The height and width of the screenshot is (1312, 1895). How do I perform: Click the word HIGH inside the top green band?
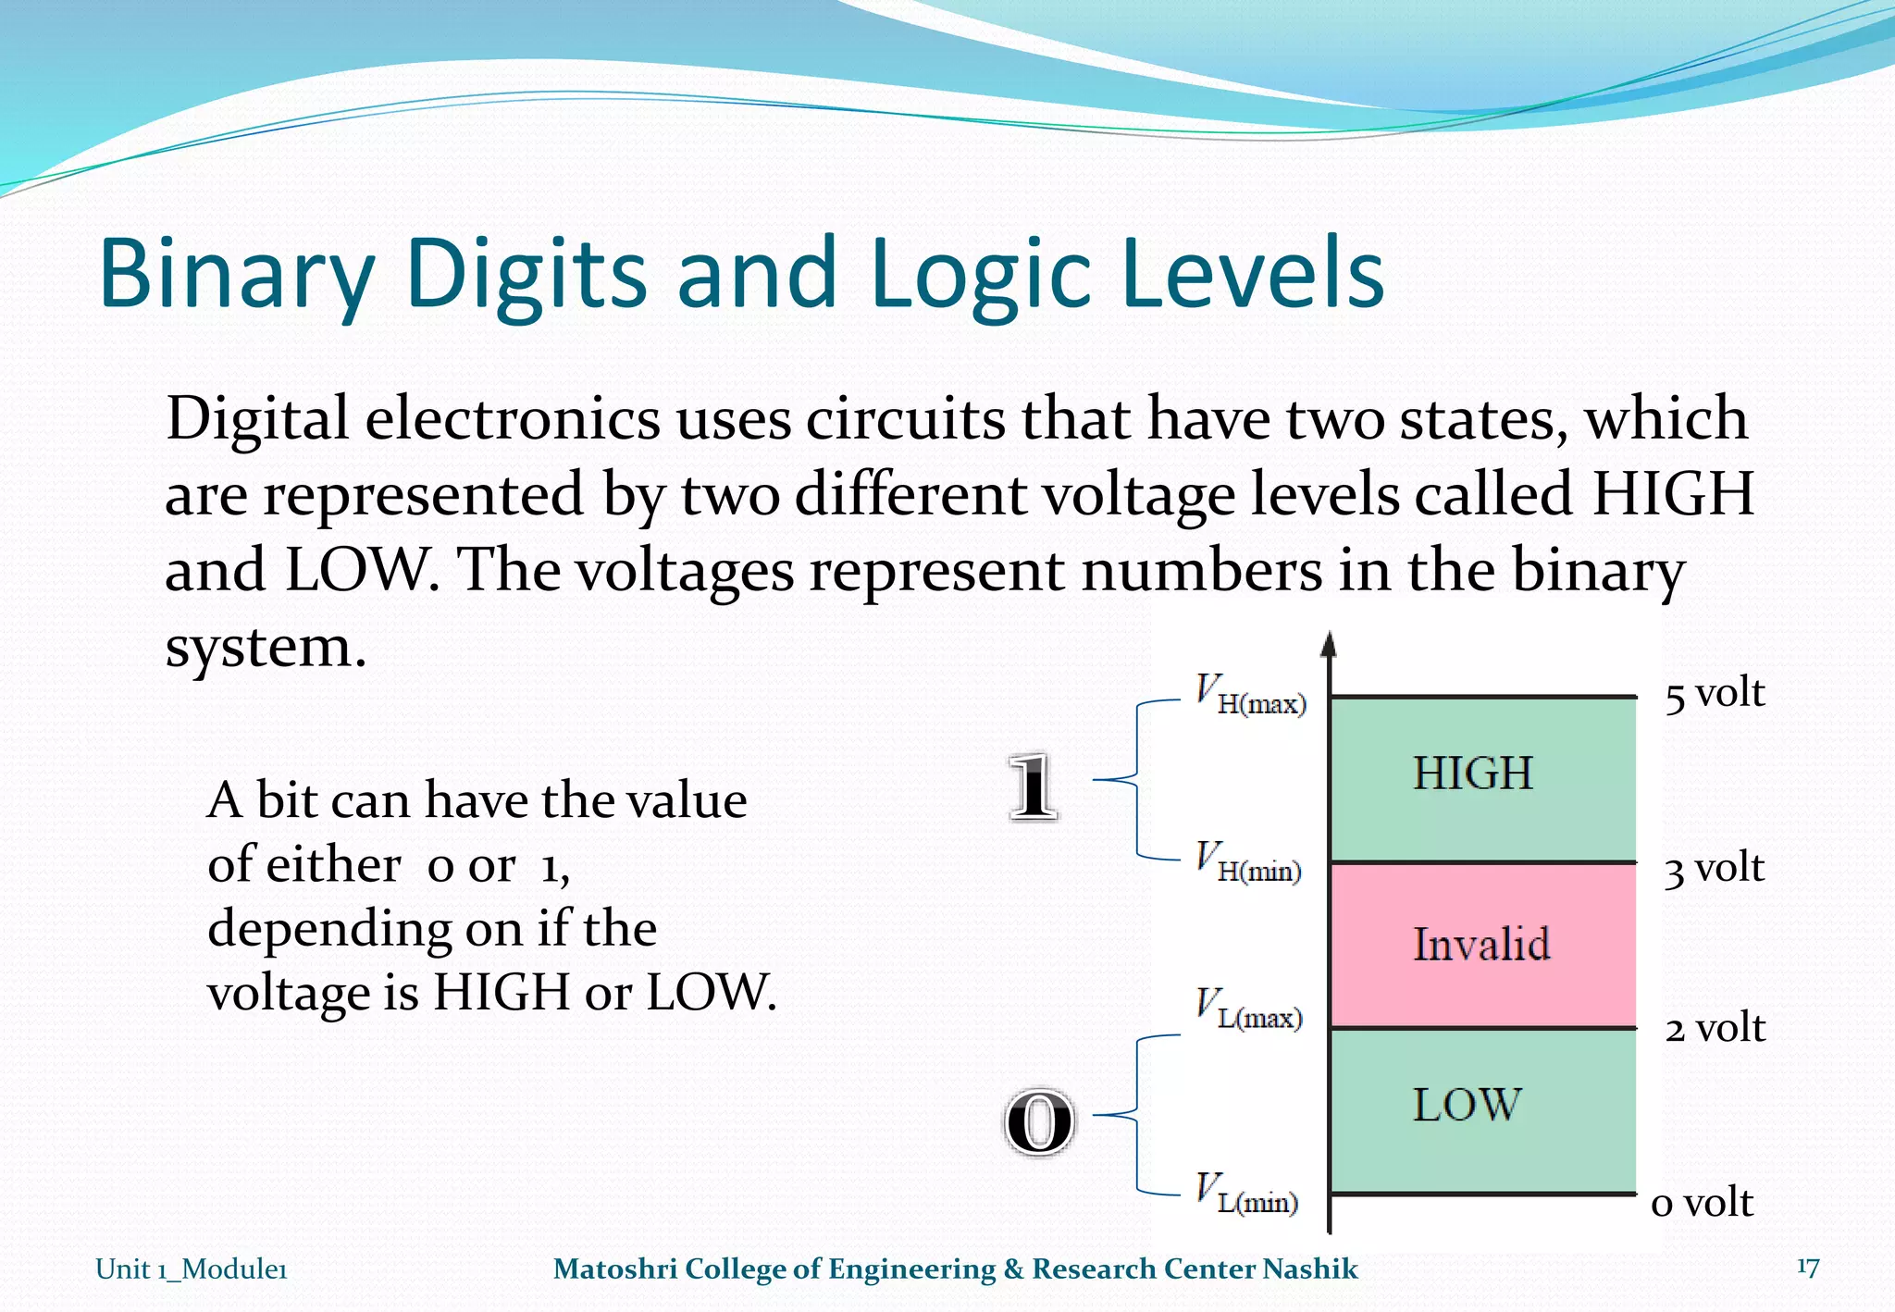[x=1472, y=774]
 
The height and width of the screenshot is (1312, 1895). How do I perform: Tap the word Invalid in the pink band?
[x=1481, y=945]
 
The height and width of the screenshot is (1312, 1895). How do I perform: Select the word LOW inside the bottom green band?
[x=1467, y=1105]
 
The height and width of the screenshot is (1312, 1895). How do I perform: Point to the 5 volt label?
[x=1715, y=694]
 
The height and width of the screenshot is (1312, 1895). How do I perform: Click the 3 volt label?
[x=1714, y=869]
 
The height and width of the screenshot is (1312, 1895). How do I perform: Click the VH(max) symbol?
[x=1250, y=696]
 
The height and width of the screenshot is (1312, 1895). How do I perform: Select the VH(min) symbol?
[x=1248, y=862]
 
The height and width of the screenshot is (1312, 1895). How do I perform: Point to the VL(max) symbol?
[x=1248, y=1009]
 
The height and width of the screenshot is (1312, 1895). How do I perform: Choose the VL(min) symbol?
[x=1246, y=1194]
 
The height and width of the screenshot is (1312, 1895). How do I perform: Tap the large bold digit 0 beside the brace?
[x=1039, y=1121]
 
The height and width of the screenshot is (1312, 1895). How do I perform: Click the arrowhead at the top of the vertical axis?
[x=1329, y=643]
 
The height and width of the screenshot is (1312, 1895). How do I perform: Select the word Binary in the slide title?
[x=236, y=275]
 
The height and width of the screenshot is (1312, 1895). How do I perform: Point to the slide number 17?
[x=1808, y=1267]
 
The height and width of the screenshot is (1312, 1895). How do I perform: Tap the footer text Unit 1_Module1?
[x=192, y=1269]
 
